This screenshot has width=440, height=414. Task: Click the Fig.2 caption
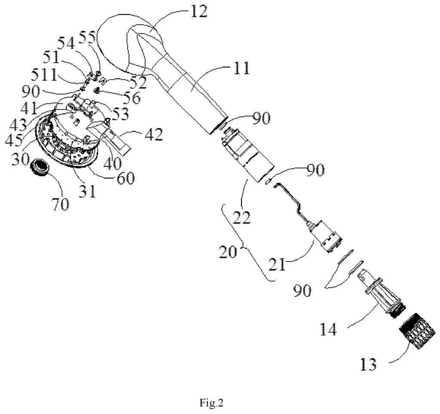[x=211, y=403]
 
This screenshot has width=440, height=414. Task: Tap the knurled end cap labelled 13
[x=417, y=331]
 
